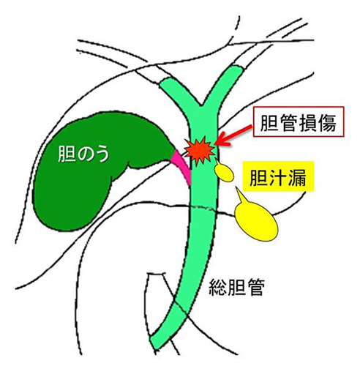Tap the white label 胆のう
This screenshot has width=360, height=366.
[83, 154]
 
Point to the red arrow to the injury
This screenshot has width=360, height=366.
[234, 135]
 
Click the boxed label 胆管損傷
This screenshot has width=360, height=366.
[299, 122]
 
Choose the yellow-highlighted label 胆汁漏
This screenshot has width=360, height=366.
[278, 176]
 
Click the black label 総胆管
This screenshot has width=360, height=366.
[236, 288]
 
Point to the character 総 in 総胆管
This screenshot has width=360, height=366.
[218, 288]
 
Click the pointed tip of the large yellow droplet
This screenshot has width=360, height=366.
[236, 187]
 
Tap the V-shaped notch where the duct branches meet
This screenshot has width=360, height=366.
[201, 107]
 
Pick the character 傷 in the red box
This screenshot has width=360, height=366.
[327, 122]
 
